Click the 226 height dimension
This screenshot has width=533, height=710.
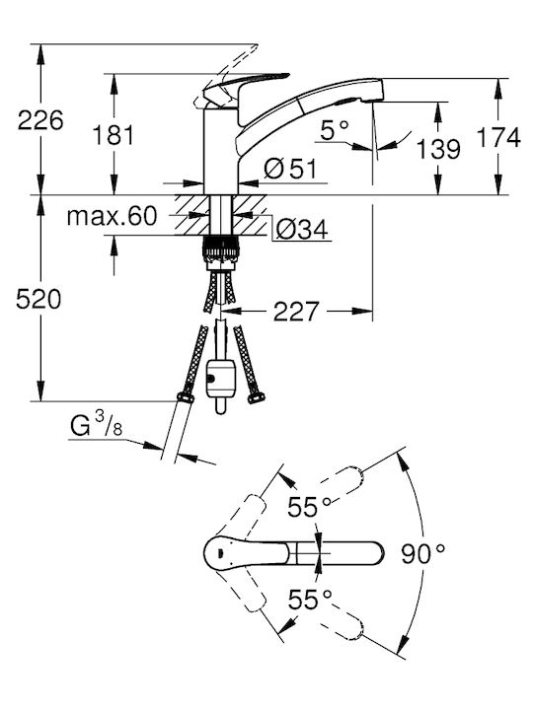click(40, 121)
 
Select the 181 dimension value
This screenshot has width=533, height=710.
click(114, 135)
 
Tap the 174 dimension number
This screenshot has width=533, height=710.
click(499, 138)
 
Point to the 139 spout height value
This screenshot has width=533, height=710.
click(438, 149)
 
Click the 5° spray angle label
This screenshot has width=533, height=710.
click(335, 130)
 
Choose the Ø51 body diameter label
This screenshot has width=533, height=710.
click(290, 169)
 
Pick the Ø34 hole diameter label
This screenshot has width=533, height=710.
click(302, 230)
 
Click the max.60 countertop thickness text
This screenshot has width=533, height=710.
click(112, 216)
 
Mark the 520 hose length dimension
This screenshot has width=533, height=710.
click(38, 300)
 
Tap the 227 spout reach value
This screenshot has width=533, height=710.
click(296, 312)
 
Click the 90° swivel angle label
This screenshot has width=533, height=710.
click(423, 553)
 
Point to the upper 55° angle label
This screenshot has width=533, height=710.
click(311, 507)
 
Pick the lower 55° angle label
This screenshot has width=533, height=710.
click(311, 600)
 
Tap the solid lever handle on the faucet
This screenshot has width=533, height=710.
click(245, 83)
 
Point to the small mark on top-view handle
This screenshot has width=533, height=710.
click(220, 552)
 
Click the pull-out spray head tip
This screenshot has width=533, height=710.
click(377, 89)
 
